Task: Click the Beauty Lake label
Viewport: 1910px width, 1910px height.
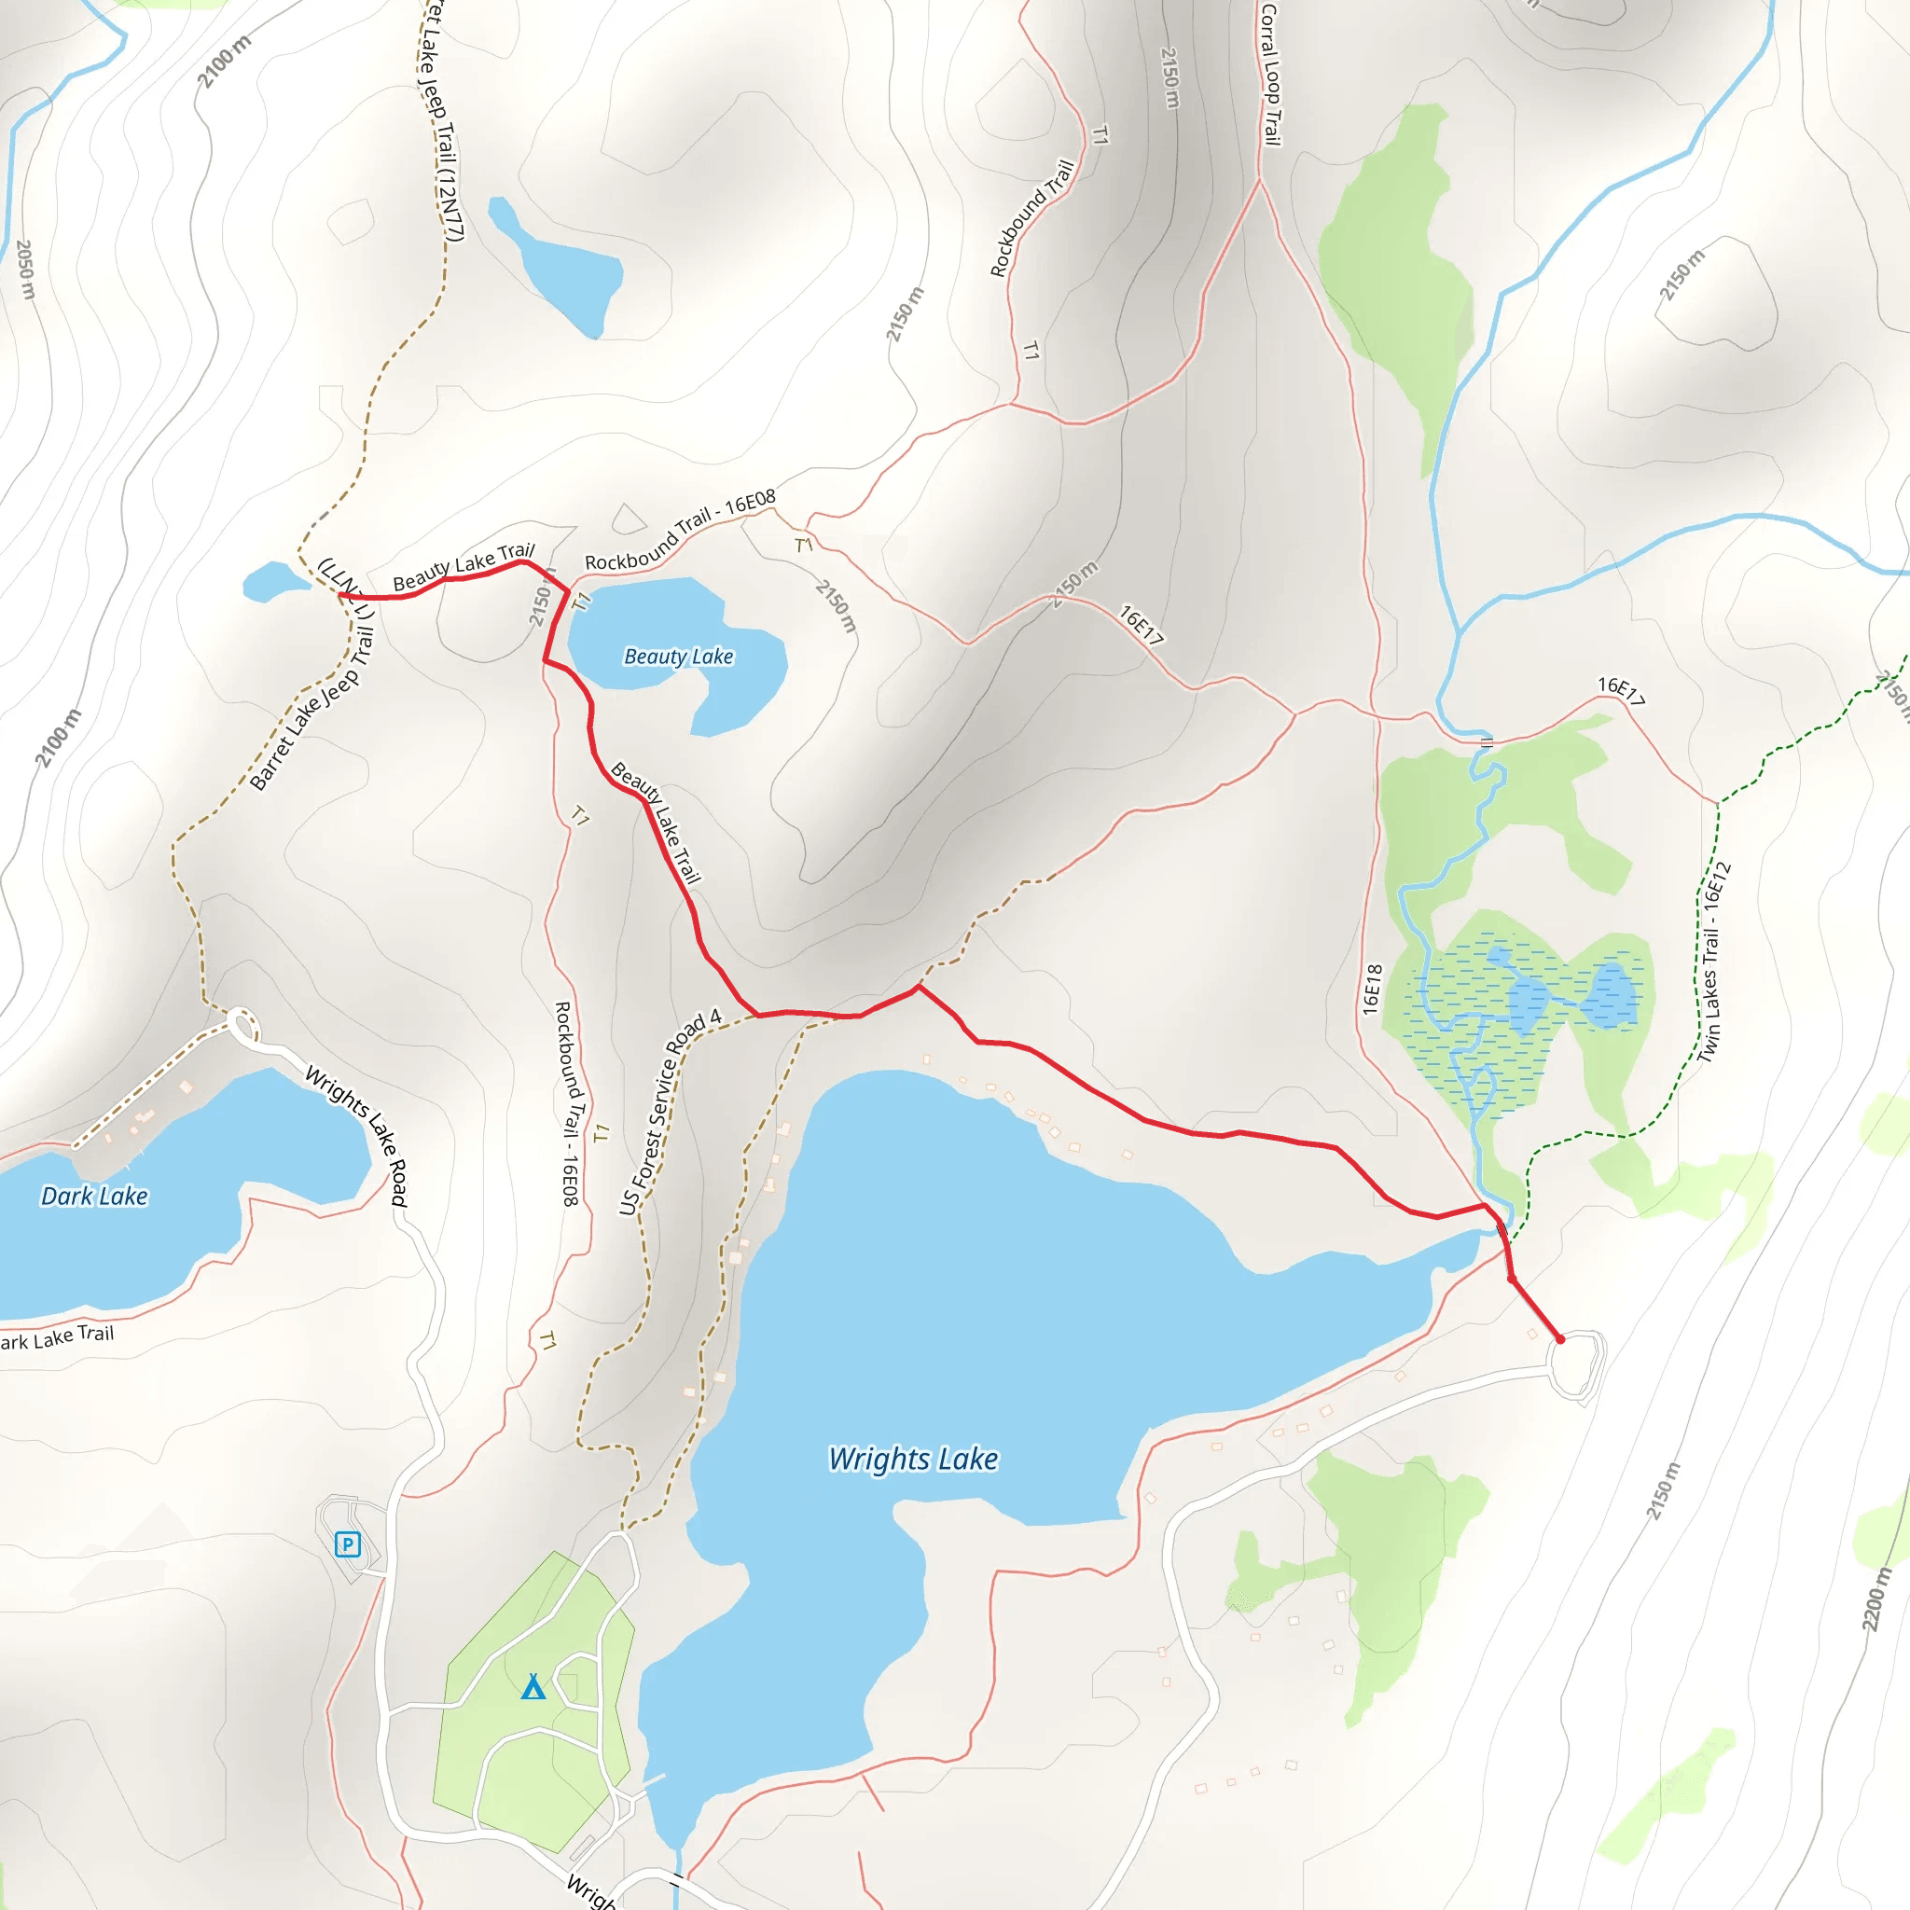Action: pyautogui.click(x=678, y=657)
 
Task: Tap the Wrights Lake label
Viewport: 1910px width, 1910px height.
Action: pyautogui.click(x=912, y=1460)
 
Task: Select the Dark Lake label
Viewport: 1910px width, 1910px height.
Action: pyautogui.click(x=94, y=1197)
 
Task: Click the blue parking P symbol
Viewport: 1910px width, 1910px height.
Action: pyautogui.click(x=347, y=1544)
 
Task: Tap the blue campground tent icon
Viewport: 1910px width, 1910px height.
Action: pyautogui.click(x=533, y=1686)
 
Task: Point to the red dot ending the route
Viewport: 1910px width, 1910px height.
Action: pyautogui.click(x=1560, y=1339)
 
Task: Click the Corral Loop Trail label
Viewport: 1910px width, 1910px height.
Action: pyautogui.click(x=1270, y=75)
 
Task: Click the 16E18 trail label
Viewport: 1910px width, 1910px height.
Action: pyautogui.click(x=1371, y=989)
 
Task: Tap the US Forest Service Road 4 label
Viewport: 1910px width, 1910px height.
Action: pyautogui.click(x=671, y=1113)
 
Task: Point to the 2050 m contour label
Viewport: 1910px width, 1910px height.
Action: pyautogui.click(x=26, y=269)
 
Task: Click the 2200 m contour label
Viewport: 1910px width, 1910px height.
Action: pyautogui.click(x=1875, y=1599)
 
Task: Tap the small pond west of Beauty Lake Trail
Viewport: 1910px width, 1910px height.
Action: pyautogui.click(x=272, y=581)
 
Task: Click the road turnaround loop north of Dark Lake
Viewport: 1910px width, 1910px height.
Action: pyautogui.click(x=243, y=1025)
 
